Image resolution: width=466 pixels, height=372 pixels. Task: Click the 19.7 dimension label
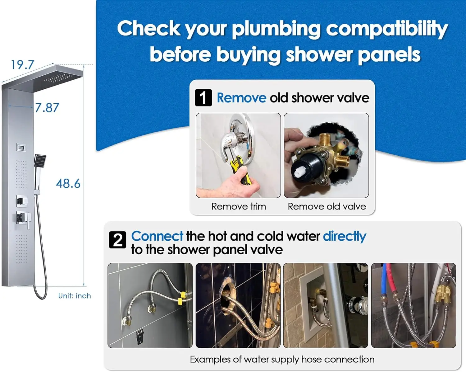click(22, 65)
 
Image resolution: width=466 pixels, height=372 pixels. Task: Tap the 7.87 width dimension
click(47, 108)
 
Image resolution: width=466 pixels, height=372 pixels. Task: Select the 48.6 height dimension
click(68, 184)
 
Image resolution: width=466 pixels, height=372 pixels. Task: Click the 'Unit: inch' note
click(75, 296)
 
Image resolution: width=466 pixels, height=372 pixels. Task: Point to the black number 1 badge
click(203, 98)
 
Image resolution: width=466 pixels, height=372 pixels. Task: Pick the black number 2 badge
click(117, 240)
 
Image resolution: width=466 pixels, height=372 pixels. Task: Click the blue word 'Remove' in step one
click(241, 98)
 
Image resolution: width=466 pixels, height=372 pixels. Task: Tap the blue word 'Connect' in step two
click(157, 236)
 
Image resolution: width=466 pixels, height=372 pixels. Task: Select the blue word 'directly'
click(345, 237)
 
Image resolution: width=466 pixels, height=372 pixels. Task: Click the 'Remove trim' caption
click(239, 206)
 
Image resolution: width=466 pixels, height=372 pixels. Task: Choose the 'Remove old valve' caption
click(327, 206)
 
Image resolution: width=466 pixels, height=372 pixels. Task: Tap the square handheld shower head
click(40, 161)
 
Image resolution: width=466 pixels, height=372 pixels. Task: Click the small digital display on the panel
click(21, 148)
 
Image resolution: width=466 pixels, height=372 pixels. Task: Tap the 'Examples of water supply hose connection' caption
click(282, 360)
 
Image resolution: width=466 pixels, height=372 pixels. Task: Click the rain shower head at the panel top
click(42, 77)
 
